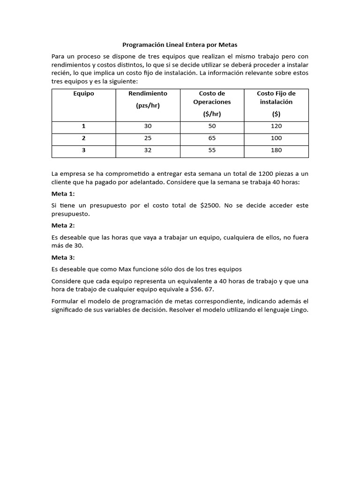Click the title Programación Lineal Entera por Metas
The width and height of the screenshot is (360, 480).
pos(180,45)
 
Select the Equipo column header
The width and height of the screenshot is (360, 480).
pos(83,93)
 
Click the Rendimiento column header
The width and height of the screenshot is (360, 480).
pos(148,99)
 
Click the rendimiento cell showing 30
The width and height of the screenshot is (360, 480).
pos(148,127)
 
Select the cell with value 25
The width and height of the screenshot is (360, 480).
pos(148,139)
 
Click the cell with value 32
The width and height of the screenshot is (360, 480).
pos(148,151)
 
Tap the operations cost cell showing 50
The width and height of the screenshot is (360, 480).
pos(212,127)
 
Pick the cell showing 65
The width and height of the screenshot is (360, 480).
pos(212,139)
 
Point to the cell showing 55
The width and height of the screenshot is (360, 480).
pos(212,151)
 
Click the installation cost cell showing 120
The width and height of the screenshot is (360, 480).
pos(276,127)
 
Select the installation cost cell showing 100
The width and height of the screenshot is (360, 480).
pos(276,139)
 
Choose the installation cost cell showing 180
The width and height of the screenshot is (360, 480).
pos(276,151)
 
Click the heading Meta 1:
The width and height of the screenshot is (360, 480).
pos(63,194)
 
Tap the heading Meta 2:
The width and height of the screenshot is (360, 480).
pos(63,225)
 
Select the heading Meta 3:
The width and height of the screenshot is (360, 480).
pos(63,257)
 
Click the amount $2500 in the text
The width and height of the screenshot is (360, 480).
pos(209,205)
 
